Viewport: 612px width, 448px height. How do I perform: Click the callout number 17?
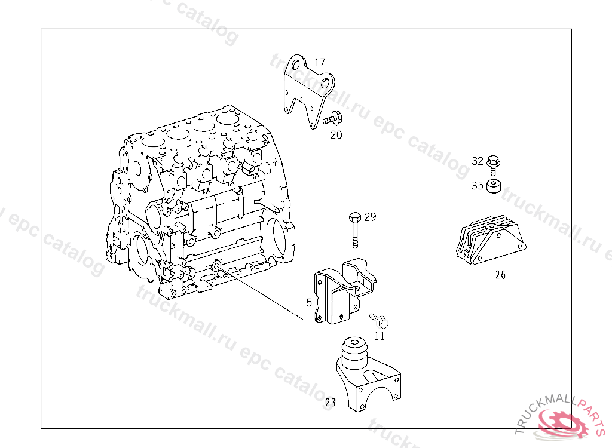tap(320, 62)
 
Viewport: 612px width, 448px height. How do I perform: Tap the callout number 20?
tap(336, 135)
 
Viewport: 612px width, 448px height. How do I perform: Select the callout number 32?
tap(478, 161)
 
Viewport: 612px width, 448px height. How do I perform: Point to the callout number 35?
tap(478, 186)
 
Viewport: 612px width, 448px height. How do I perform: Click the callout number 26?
tap(500, 275)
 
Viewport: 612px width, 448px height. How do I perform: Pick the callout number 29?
tap(371, 217)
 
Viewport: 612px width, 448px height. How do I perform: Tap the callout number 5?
tap(309, 303)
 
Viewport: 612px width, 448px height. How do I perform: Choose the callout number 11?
tap(380, 336)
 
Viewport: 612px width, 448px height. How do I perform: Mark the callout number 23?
tap(331, 403)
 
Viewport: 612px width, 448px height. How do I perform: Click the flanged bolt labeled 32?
tap(494, 162)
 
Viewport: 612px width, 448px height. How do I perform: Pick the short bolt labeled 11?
tap(379, 320)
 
